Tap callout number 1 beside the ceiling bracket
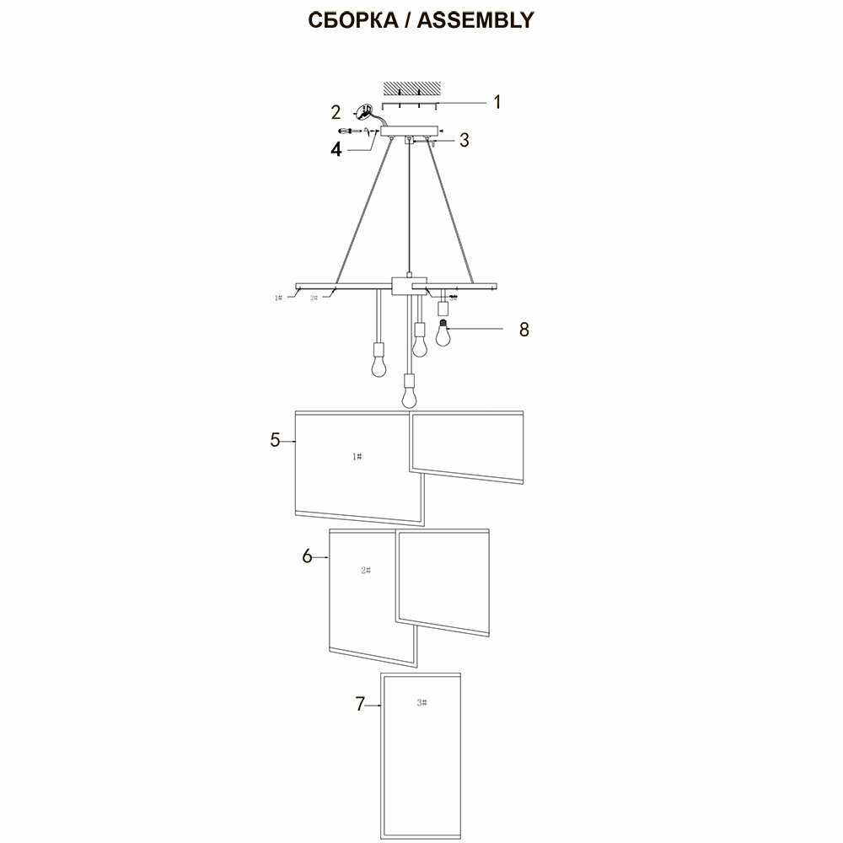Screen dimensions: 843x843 497,102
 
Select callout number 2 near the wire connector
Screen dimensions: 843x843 336,112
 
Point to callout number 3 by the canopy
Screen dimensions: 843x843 464,140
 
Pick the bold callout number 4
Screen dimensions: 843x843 336,149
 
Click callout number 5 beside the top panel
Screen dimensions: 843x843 275,440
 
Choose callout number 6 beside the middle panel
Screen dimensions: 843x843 307,556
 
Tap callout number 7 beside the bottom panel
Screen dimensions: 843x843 360,705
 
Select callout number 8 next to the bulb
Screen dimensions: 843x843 524,329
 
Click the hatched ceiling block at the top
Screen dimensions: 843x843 413,88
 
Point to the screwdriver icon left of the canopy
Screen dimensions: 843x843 347,132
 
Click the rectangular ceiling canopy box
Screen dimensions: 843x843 410,132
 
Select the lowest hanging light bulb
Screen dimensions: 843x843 409,393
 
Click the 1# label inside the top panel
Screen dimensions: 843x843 357,456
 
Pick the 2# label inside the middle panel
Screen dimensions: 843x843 365,570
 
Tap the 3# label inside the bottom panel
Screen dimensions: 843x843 421,702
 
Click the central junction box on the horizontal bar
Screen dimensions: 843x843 409,287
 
